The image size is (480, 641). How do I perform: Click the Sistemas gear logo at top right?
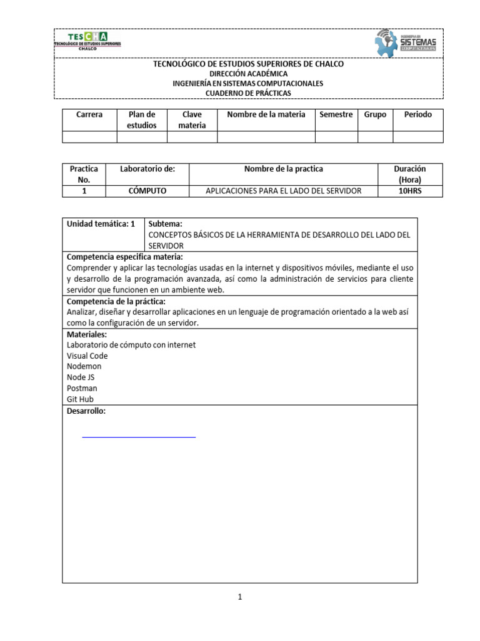pos(405,43)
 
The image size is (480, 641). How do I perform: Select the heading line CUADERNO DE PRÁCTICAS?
pos(248,93)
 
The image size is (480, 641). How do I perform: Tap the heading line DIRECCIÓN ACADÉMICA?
pos(248,73)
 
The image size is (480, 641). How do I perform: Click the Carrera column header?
pos(89,115)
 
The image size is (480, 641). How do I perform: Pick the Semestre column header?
pos(336,115)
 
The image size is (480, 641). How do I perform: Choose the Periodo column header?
pos(417,115)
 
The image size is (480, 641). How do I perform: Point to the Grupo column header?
pos(375,115)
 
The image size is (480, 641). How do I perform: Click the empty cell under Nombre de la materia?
pos(266,136)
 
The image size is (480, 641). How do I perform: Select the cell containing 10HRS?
pos(410,190)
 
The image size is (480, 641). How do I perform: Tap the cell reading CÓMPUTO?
pos(147,190)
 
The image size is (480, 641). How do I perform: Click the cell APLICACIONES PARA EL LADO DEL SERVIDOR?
pos(283,190)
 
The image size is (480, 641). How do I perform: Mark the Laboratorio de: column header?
pos(147,169)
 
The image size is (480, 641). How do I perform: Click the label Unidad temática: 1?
pos(101,223)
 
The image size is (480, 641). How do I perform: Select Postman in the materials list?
pos(82,388)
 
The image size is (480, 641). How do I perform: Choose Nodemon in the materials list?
pos(84,366)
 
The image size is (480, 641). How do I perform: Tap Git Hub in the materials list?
pos(80,399)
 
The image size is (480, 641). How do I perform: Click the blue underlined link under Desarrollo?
pos(139,436)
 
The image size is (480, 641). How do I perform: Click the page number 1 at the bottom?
pos(239,597)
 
